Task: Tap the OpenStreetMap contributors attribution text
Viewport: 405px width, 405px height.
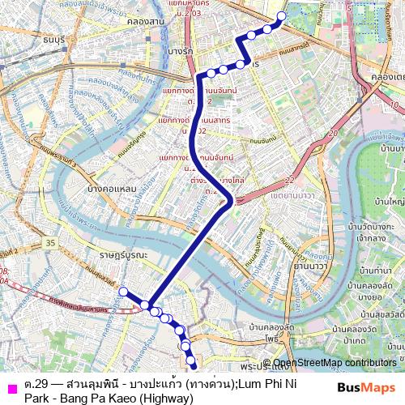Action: (335, 363)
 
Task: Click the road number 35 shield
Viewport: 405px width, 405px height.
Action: (51, 241)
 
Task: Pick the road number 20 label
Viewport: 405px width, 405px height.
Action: (332, 134)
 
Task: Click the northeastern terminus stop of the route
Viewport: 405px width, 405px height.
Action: (281, 16)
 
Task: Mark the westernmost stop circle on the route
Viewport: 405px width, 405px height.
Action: (123, 292)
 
